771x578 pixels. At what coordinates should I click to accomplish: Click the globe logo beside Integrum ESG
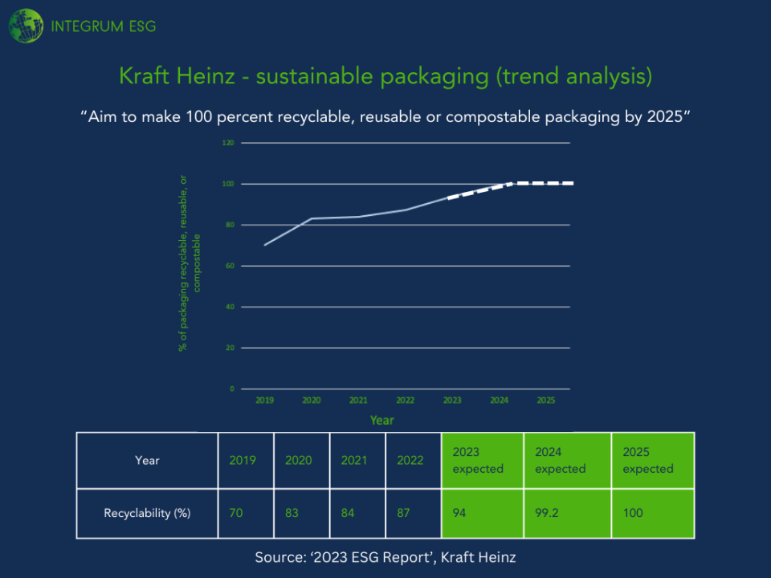coord(26,26)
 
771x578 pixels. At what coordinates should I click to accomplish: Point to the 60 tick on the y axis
coord(230,266)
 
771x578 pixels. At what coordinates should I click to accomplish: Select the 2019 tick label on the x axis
coord(264,400)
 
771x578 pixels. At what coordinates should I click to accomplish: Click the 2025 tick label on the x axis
coord(545,400)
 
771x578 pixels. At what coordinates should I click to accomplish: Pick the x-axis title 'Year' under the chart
coord(382,420)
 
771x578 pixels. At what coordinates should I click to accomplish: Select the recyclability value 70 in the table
coord(236,513)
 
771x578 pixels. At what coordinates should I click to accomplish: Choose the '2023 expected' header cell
coord(482,460)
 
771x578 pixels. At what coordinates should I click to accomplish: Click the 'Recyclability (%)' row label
coord(147,513)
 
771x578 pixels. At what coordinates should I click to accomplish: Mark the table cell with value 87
coord(405,513)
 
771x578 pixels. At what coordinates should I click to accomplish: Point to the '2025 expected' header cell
coord(652,460)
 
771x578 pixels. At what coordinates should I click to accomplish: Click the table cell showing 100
coord(633,513)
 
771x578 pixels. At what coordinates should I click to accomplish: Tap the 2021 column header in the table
coord(354,460)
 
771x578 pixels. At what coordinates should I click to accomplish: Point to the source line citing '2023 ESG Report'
coord(385,556)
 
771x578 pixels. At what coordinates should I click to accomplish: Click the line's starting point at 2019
coord(264,245)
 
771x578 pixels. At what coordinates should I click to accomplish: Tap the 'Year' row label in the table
coord(147,460)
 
